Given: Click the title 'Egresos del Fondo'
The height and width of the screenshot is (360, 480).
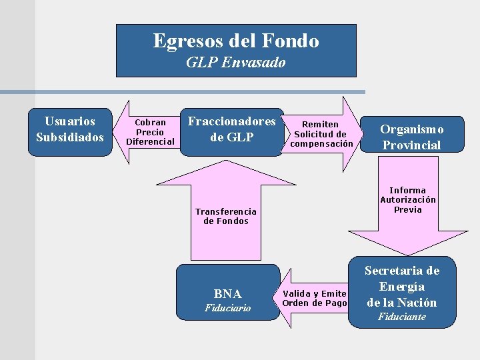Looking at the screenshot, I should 236,41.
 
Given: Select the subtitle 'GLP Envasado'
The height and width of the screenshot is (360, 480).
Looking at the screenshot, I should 235,63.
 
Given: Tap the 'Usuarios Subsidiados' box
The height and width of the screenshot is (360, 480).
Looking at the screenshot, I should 70,129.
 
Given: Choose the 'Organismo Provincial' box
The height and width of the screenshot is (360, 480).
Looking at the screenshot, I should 411,137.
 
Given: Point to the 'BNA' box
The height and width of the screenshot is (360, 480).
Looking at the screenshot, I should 228,294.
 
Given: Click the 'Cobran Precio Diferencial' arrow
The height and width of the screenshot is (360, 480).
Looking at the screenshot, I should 149,132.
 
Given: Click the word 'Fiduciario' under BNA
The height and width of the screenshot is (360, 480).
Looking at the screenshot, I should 228,308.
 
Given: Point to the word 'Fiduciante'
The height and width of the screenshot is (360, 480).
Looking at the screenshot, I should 401,317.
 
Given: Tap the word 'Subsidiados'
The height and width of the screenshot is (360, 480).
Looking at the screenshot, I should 70,137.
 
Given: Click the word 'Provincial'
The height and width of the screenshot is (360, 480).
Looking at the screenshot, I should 411,145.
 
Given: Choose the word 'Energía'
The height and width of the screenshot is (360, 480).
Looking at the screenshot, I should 401,287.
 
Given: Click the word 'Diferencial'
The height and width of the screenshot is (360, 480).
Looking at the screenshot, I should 150,141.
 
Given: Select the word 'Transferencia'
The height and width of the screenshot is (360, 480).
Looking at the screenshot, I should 226,211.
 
